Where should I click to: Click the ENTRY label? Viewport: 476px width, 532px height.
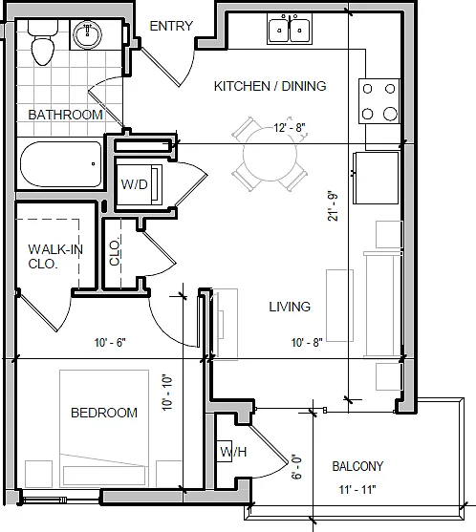[x=171, y=26]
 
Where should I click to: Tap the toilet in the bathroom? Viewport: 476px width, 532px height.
[x=43, y=42]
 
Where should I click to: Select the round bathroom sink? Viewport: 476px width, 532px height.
[x=88, y=34]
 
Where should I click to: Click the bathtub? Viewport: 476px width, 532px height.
[x=61, y=164]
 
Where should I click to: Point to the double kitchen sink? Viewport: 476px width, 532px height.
[x=290, y=30]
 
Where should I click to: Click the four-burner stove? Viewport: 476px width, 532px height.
[x=379, y=101]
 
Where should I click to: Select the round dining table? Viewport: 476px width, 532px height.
[x=270, y=155]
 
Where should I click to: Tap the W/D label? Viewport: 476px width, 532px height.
[x=135, y=184]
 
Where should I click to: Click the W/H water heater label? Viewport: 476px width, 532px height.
[x=233, y=452]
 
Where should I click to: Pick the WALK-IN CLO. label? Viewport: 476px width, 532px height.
[x=55, y=257]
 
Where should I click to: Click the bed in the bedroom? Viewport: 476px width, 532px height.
[x=104, y=429]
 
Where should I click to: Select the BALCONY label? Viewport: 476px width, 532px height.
[x=357, y=466]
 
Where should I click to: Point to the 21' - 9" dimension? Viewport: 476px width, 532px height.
[x=333, y=206]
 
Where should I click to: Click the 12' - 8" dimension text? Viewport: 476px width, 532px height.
[x=290, y=128]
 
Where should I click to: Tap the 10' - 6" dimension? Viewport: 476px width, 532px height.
[x=110, y=343]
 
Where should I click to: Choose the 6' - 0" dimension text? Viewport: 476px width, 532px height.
[x=296, y=467]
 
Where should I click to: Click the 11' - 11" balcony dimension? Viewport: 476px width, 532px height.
[x=357, y=490]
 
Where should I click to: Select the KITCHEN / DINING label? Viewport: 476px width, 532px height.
[x=270, y=86]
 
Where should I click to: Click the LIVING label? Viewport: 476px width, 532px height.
[x=290, y=307]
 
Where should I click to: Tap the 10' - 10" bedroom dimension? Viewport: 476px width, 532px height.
[x=167, y=393]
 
